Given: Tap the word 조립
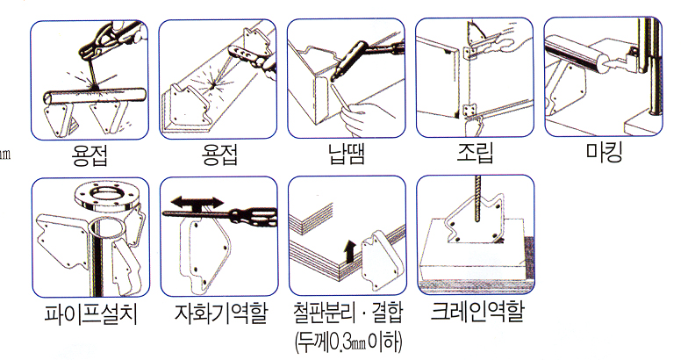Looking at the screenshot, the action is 476,153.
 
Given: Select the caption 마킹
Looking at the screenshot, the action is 605,152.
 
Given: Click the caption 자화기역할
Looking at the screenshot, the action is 221,313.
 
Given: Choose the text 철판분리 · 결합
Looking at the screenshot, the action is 348,313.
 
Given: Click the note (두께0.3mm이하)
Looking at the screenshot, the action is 349,342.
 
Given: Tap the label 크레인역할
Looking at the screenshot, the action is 477,312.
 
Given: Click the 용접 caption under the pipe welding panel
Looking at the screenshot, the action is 90,155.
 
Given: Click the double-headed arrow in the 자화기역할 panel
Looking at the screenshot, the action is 197,203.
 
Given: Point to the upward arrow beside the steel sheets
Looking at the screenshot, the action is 350,251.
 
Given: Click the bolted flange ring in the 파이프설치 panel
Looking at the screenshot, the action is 105,198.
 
